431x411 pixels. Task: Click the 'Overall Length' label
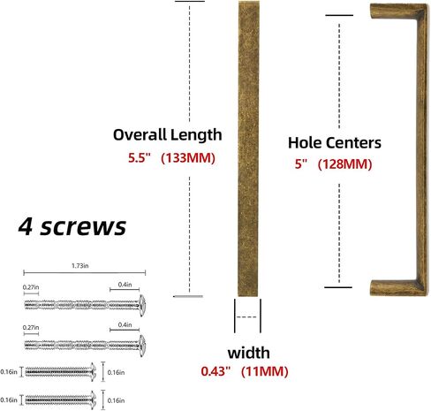[167, 135]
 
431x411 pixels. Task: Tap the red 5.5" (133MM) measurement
[171, 158]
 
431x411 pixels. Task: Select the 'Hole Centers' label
[335, 142]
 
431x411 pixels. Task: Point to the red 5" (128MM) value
[334, 164]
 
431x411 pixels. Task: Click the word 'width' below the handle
[249, 353]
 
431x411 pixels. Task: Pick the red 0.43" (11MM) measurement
[245, 371]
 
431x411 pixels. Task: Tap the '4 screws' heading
[72, 226]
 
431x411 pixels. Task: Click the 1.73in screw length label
[80, 266]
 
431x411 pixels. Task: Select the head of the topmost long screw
[142, 305]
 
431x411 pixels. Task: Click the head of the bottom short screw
[94, 400]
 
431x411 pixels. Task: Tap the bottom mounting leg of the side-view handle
[395, 287]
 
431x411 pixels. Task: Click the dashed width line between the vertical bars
[246, 317]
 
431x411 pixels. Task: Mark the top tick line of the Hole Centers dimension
[339, 15]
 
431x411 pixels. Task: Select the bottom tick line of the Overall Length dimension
[188, 296]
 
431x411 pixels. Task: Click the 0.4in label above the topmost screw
[125, 285]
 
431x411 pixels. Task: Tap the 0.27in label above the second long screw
[31, 328]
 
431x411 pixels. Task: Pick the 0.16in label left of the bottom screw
[9, 400]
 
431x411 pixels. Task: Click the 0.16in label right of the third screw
[116, 373]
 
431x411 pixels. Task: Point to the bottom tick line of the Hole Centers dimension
[338, 287]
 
